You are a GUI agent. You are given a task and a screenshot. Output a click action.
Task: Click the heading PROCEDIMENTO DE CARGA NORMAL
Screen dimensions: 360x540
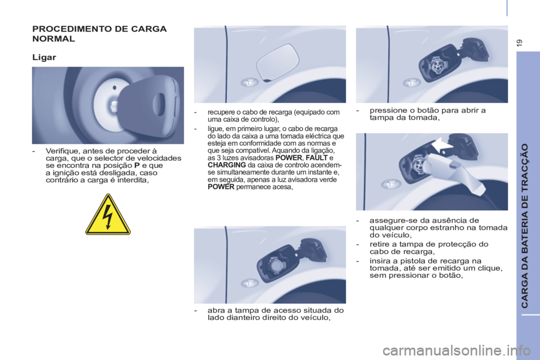[x=99, y=34]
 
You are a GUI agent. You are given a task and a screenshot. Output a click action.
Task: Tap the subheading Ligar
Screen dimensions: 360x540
[x=45, y=57]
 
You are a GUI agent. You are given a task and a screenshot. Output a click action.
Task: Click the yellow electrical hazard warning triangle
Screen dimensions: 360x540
[x=108, y=215]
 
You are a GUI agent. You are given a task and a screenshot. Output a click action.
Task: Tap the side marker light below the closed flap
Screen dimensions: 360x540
[x=250, y=83]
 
